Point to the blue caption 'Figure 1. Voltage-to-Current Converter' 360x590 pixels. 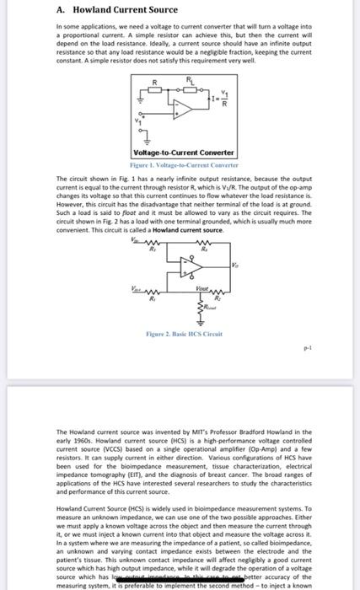tap(183, 165)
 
